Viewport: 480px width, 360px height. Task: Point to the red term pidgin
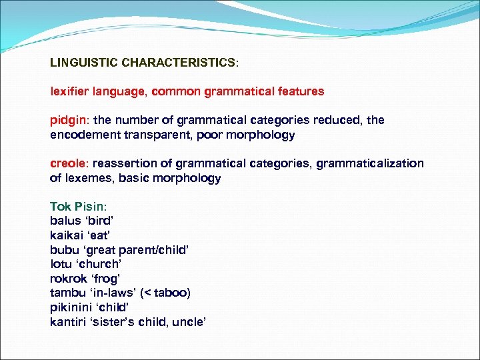pos(69,121)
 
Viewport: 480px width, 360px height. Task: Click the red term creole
pos(69,164)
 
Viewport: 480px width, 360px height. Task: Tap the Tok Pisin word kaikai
pos(67,235)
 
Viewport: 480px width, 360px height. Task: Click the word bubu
pos(63,250)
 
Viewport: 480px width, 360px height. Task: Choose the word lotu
pos(61,264)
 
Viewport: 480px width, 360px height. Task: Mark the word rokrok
pos(67,279)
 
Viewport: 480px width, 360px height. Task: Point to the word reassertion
pos(126,164)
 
